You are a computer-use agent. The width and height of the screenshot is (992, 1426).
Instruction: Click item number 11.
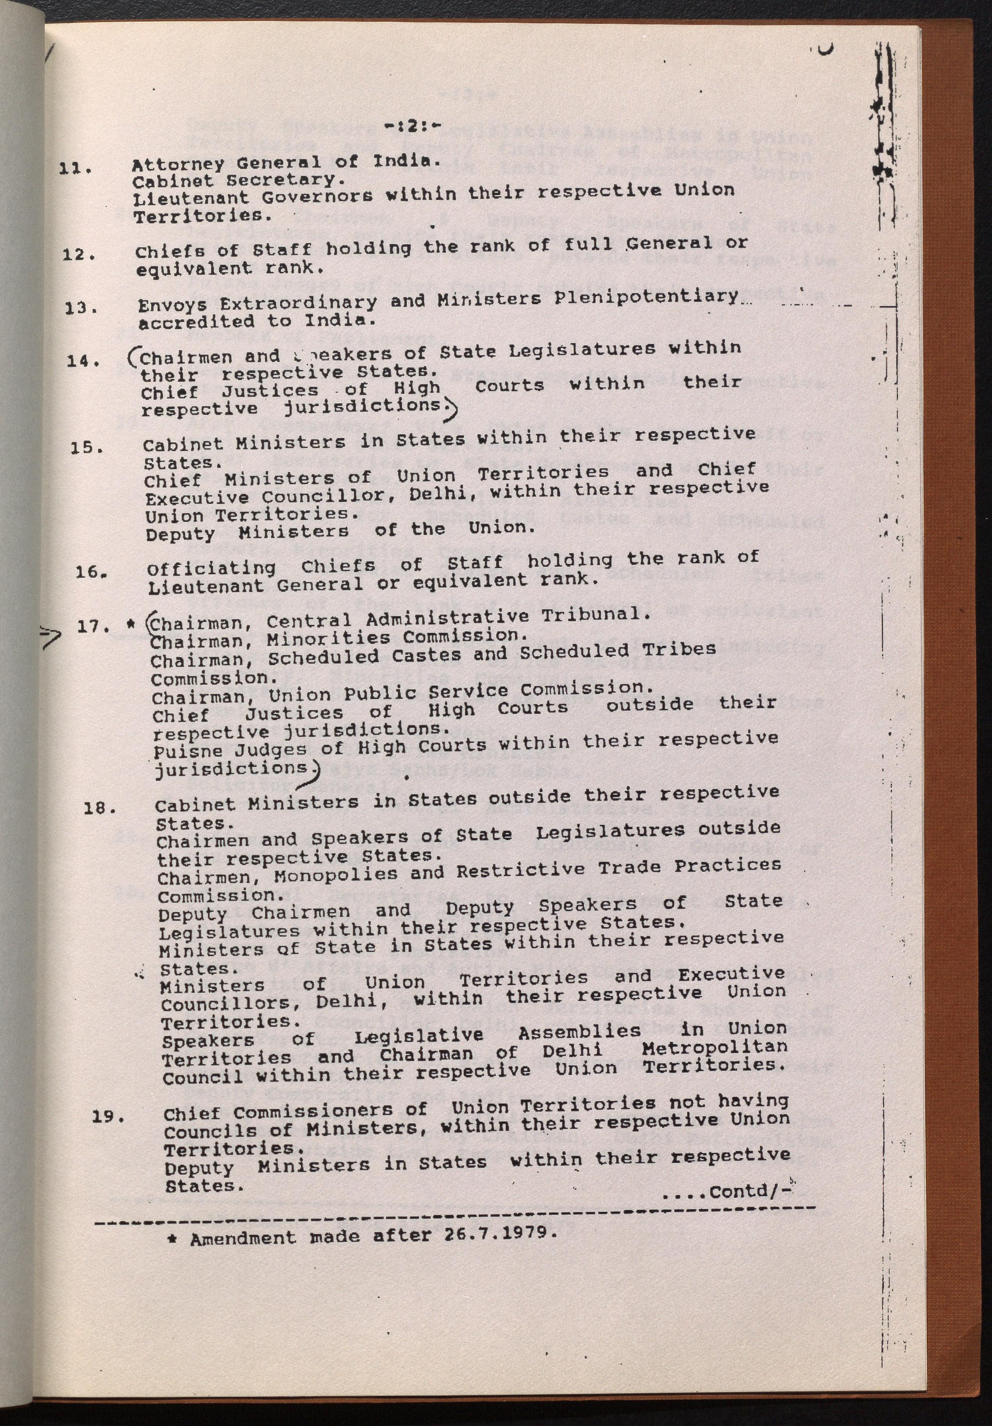click(76, 168)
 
